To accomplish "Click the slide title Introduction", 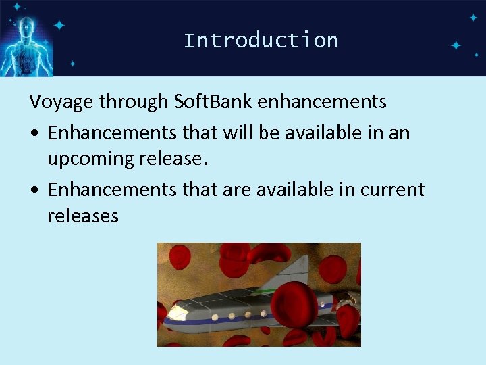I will pos(261,41).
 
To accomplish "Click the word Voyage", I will pos(61,102).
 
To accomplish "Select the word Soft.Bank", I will pos(212,102).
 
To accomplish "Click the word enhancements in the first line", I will pos(322,102).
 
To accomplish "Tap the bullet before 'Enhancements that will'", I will pos(34,133).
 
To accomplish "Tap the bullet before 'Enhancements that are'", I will pos(34,191).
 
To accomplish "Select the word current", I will pos(392,190).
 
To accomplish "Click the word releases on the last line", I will pos(83,216).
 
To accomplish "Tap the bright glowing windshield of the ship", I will pos(178,312).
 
